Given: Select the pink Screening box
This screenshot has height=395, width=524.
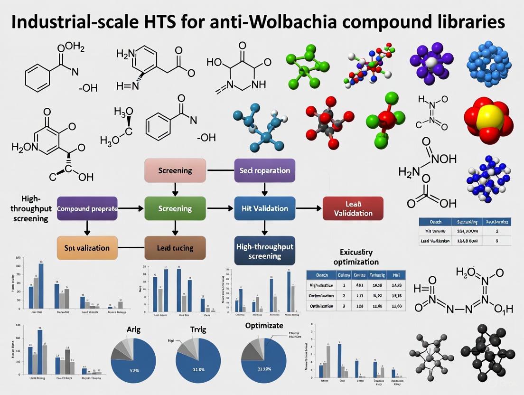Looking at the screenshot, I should pyautogui.click(x=175, y=170).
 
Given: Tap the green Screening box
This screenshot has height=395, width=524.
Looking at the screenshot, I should pyautogui.click(x=175, y=208).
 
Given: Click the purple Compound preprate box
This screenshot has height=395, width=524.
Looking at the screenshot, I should pyautogui.click(x=87, y=208).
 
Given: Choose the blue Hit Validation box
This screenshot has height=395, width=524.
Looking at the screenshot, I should pyautogui.click(x=264, y=208).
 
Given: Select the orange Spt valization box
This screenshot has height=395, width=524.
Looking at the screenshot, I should pyautogui.click(x=87, y=248).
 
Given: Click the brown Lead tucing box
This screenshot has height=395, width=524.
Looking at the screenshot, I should pyautogui.click(x=175, y=248).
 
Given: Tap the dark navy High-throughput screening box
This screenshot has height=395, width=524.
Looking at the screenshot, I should pyautogui.click(x=264, y=250).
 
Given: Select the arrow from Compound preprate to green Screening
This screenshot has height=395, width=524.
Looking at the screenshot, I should pyautogui.click(x=131, y=208).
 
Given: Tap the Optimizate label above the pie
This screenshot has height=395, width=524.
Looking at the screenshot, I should pyautogui.click(x=264, y=326).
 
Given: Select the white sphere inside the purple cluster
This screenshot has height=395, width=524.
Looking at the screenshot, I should pyautogui.click(x=431, y=63).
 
